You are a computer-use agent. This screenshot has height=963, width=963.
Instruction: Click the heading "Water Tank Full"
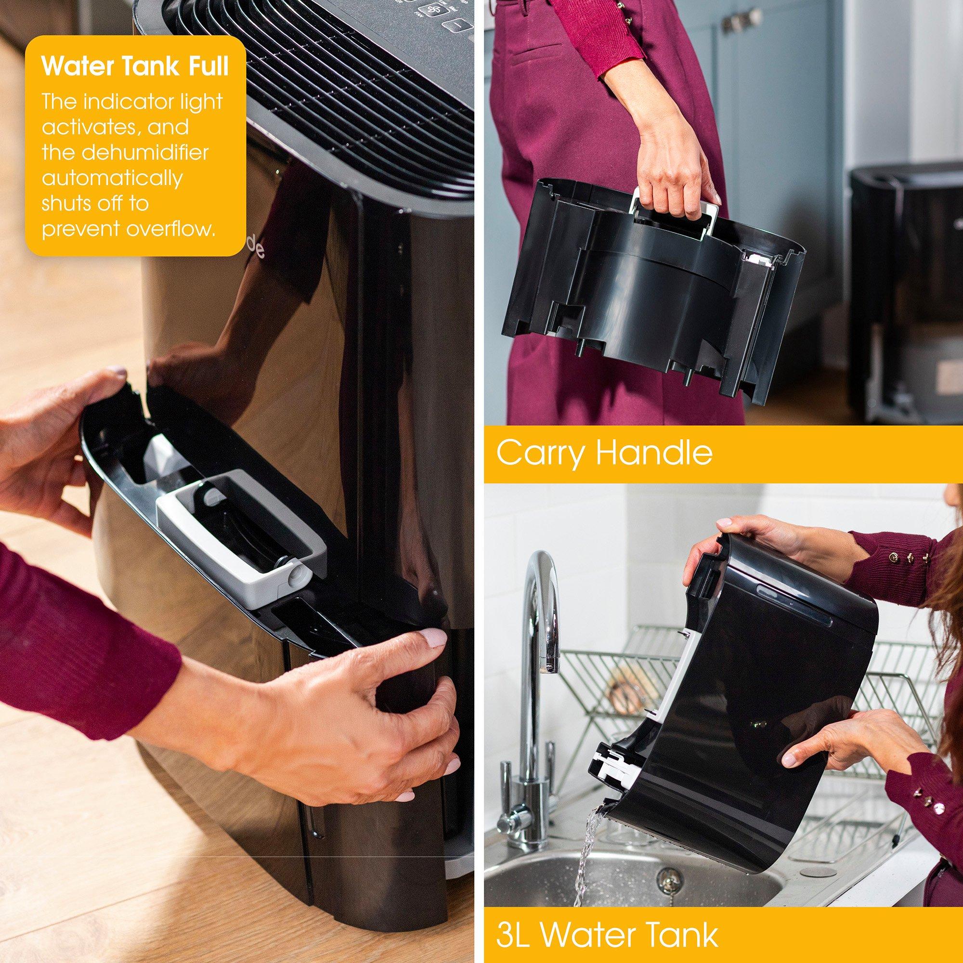(135, 67)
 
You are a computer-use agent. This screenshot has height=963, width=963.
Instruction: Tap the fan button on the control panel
(433, 11)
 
